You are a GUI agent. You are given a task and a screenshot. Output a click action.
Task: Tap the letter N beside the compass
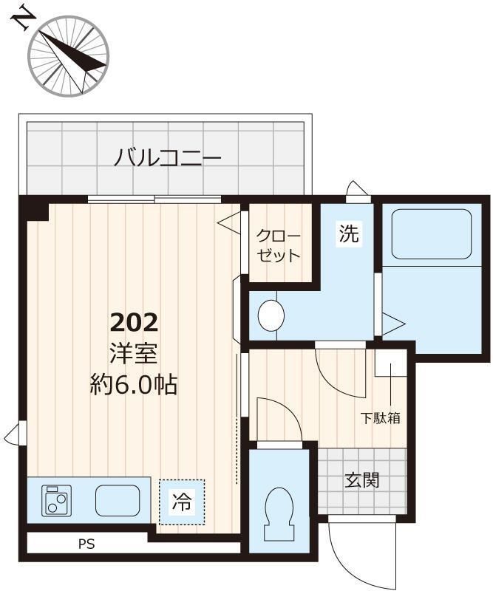point(22,18)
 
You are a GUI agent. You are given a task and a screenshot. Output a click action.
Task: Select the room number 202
point(134,323)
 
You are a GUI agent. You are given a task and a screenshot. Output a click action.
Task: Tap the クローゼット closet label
point(279,247)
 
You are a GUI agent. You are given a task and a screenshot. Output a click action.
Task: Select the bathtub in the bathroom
point(431,233)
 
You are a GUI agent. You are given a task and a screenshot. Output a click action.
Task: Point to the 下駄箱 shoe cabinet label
point(381,417)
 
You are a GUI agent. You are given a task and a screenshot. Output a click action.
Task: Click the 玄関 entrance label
point(362,481)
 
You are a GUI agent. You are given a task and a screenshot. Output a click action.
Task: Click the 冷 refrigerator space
point(181,502)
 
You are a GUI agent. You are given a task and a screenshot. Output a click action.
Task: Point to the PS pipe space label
point(87,545)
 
